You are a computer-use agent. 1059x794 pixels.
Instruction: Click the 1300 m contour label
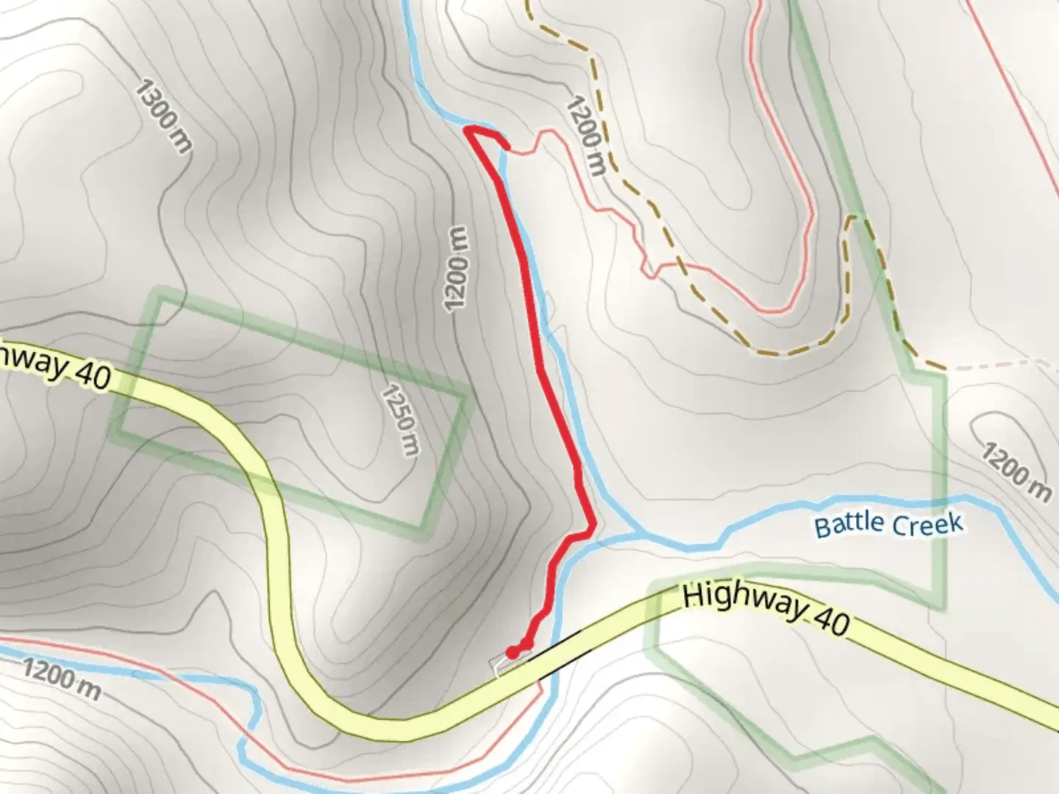click(x=163, y=118)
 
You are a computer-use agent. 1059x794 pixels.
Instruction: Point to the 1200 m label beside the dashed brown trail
click(x=585, y=137)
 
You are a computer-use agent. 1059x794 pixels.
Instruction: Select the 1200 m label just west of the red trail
click(x=456, y=268)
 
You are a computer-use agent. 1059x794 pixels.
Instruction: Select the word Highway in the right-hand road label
click(x=744, y=601)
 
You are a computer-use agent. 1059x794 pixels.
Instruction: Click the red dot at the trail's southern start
click(x=512, y=651)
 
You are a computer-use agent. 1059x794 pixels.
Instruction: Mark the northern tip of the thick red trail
click(x=468, y=131)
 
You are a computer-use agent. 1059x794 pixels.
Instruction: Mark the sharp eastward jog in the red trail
click(x=591, y=528)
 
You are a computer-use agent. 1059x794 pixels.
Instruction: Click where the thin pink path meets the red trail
click(x=506, y=146)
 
